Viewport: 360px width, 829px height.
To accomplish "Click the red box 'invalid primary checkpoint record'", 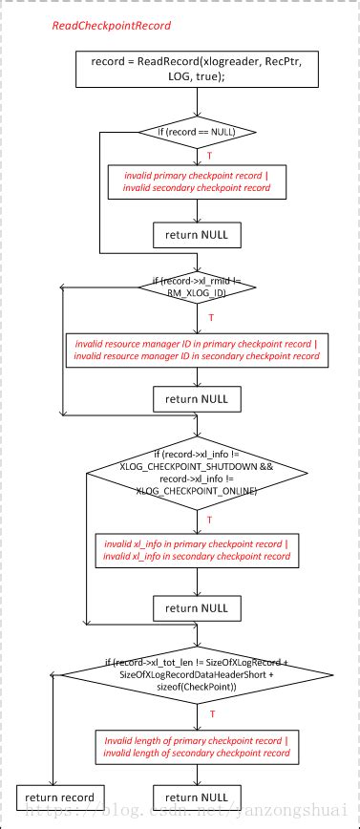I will coord(196,181).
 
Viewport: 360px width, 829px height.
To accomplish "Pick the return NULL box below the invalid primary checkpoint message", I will coord(196,234).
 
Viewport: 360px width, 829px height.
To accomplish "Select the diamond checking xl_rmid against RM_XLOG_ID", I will coord(196,289).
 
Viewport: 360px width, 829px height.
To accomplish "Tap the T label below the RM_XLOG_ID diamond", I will coord(210,317).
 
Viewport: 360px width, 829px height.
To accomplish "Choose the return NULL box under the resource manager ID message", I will coord(196,398).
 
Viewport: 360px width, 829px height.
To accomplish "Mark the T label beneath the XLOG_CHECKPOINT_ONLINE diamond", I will coord(210,519).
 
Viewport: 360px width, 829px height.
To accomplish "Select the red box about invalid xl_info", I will coord(196,551).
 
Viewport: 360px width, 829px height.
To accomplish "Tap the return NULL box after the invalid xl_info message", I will coord(196,606).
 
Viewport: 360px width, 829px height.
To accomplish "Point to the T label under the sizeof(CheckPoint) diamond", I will coord(210,713).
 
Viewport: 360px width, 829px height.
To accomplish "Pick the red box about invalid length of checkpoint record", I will coord(196,746).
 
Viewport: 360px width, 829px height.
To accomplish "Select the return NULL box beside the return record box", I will coord(196,797).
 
